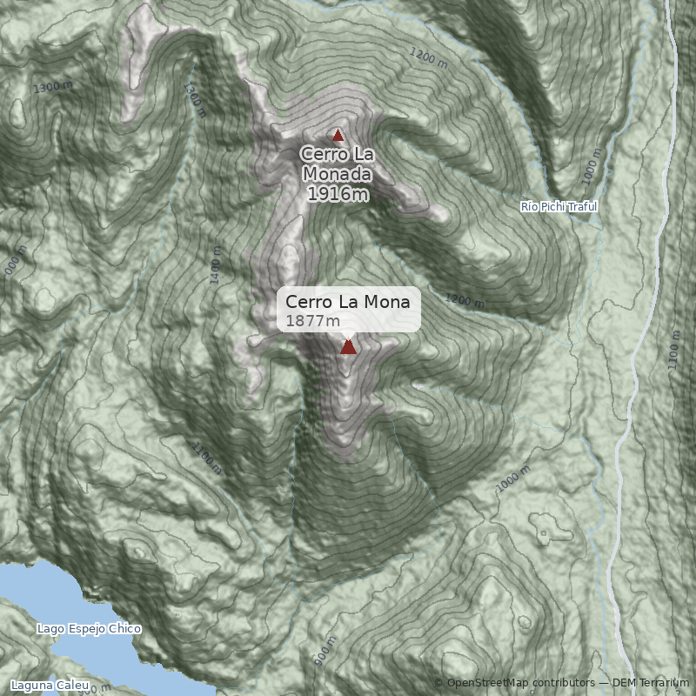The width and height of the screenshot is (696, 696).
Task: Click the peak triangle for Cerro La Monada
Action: coord(338,135)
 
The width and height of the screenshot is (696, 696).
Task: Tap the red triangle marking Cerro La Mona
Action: coord(348,347)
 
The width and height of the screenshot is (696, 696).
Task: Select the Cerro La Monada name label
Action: coord(338,163)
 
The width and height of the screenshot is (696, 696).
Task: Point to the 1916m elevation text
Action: coord(338,193)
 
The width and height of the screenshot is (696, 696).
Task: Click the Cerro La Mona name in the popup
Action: coord(347,302)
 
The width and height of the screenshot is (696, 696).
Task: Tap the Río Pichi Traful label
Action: coord(559,206)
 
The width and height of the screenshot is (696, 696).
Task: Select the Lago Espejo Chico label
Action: coord(89,628)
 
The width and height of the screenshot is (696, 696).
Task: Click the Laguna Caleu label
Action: coord(50,686)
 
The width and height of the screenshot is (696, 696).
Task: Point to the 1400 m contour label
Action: coord(216,264)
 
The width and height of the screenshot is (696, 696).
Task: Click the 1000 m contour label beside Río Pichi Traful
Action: coord(592,165)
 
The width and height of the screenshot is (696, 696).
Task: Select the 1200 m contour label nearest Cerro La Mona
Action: coord(465,300)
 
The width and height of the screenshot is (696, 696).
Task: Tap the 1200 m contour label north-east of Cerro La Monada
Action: coord(427,57)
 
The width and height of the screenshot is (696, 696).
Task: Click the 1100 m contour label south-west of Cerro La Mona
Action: coord(206,458)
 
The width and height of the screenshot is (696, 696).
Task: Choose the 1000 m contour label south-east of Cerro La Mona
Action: coord(514,480)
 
